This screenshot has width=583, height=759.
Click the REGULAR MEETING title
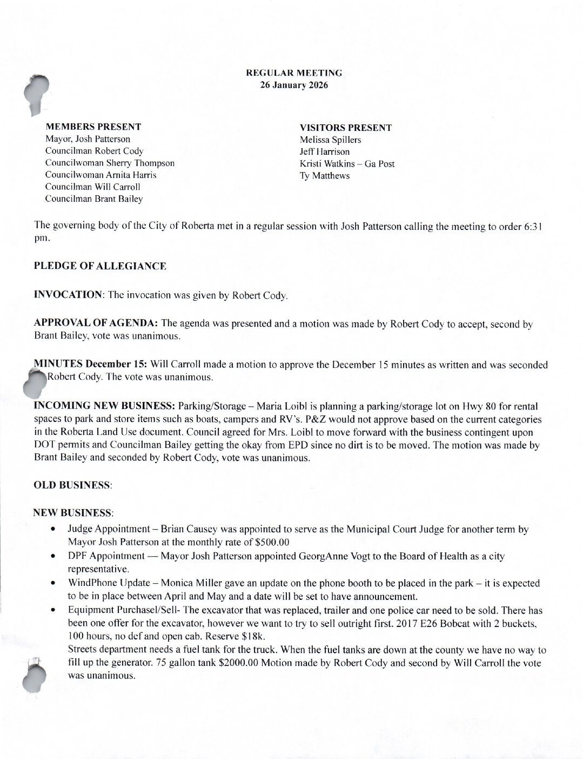pyautogui.click(x=294, y=72)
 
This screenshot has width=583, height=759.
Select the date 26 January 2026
pyautogui.click(x=294, y=85)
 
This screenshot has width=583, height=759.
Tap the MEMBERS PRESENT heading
pyautogui.click(x=93, y=127)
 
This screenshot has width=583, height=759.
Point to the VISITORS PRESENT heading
pyautogui.click(x=346, y=128)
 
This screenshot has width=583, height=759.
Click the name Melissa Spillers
pyautogui.click(x=331, y=140)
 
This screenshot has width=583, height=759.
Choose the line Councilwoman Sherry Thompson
pyautogui.click(x=110, y=163)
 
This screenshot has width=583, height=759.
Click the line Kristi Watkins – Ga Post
pyautogui.click(x=347, y=163)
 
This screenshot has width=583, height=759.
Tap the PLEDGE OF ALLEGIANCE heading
pyautogui.click(x=100, y=266)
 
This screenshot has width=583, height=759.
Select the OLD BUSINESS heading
pyautogui.click(x=72, y=486)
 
